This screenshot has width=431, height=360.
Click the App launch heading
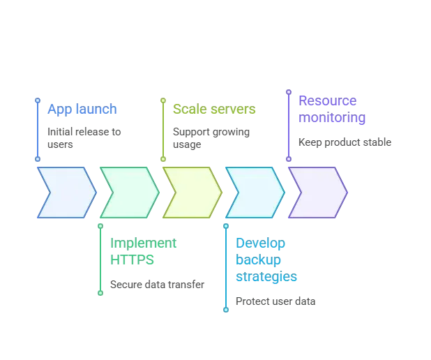coord(82,109)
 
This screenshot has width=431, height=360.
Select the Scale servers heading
coord(214,109)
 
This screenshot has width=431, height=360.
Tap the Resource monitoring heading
coord(332,109)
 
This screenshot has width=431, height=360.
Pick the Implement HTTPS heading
coord(143,251)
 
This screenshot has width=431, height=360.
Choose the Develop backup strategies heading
coord(266,260)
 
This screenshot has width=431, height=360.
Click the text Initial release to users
coord(84,138)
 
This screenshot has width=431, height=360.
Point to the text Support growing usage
coord(211,138)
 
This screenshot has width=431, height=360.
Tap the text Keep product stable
coord(345,142)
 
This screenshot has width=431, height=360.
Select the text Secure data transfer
coord(157,285)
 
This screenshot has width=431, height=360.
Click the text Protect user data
coord(275,301)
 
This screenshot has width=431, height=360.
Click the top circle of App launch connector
coord(38,100)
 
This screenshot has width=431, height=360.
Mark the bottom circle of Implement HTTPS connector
coord(100,293)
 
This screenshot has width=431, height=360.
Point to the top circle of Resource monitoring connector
coord(289,92)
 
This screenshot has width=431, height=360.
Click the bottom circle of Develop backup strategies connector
coord(226,310)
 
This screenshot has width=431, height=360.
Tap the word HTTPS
coord(132,260)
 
